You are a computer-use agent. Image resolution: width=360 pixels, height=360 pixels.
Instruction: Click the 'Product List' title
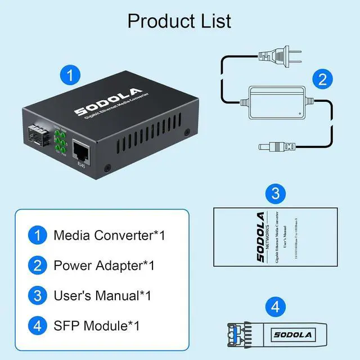tap(179, 21)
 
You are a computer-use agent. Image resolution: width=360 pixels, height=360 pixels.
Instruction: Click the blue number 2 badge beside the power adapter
tap(322, 79)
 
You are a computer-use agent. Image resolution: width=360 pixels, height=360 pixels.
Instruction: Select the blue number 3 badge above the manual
tap(275, 194)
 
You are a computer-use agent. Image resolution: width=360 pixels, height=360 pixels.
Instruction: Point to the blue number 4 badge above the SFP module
tap(275, 307)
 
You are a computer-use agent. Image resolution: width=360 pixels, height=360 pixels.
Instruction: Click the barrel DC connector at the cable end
tap(270, 147)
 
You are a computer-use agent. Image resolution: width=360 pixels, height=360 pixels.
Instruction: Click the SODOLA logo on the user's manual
tap(260, 237)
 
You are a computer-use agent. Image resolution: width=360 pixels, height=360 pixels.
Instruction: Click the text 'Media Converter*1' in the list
tap(109, 235)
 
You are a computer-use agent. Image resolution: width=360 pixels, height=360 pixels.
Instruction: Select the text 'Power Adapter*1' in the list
tap(104, 265)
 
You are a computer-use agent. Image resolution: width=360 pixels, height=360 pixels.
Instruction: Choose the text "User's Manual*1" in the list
tap(102, 295)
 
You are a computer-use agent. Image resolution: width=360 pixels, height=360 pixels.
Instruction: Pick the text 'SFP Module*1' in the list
tap(96, 325)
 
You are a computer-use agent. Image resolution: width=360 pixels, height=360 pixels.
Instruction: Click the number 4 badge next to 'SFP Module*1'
tap(37, 325)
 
